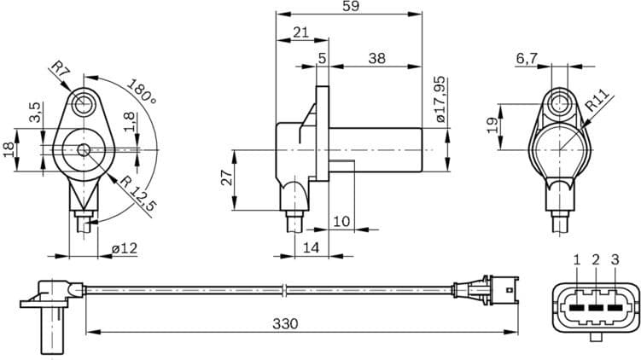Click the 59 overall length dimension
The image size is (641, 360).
(x=351, y=7)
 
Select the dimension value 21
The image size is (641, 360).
(x=300, y=32)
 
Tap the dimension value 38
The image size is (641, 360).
(x=376, y=59)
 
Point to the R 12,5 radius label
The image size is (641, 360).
(x=137, y=194)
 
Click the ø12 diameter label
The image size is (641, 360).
(x=125, y=248)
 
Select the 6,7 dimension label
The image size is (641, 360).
(x=527, y=58)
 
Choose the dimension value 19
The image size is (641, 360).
(x=492, y=125)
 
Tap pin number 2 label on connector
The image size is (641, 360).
(x=596, y=258)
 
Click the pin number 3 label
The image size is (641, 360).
(x=615, y=258)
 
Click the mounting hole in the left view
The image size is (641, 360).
(x=83, y=105)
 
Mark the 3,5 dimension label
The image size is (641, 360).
(x=35, y=113)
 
